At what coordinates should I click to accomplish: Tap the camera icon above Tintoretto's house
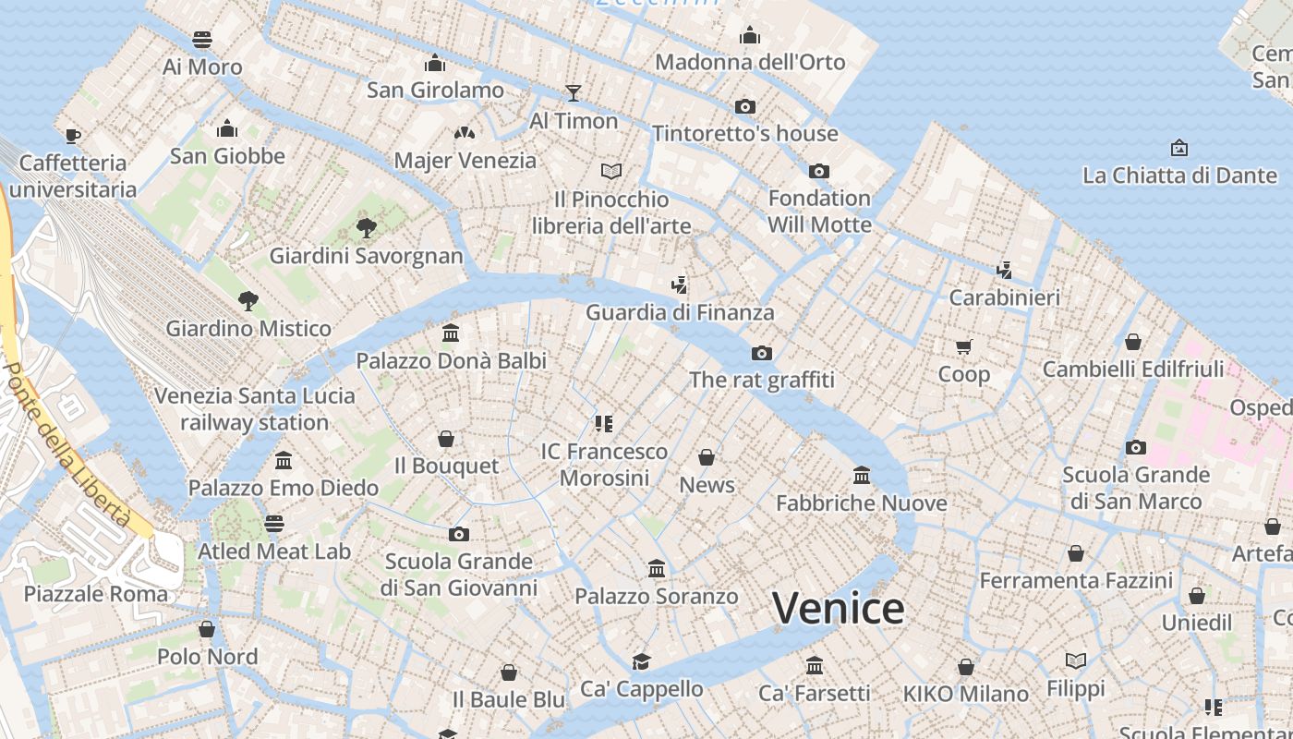[745, 106]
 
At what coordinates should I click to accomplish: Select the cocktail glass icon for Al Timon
[574, 92]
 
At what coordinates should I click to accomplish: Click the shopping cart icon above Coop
[964, 346]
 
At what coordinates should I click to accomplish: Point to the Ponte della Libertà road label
[66, 444]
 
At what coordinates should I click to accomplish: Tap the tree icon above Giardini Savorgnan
[367, 227]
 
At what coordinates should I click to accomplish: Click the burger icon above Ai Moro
[202, 40]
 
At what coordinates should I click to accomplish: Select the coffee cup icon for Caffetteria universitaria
[73, 136]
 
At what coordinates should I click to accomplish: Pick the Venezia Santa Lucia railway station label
[254, 408]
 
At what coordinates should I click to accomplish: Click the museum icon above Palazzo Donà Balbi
[451, 333]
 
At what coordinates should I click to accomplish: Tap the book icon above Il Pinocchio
[610, 171]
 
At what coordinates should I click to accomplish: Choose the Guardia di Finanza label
[680, 312]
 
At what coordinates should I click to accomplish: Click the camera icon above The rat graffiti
[762, 353]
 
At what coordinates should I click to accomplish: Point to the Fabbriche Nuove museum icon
[862, 475]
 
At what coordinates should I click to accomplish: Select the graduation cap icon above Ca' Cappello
[641, 661]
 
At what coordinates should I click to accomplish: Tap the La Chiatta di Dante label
[1178, 175]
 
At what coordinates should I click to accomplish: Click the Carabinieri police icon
[1005, 270]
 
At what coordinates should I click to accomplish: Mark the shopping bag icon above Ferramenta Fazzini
[1076, 553]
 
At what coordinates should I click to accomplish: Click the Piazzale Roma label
[96, 593]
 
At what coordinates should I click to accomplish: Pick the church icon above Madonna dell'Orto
[750, 35]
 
